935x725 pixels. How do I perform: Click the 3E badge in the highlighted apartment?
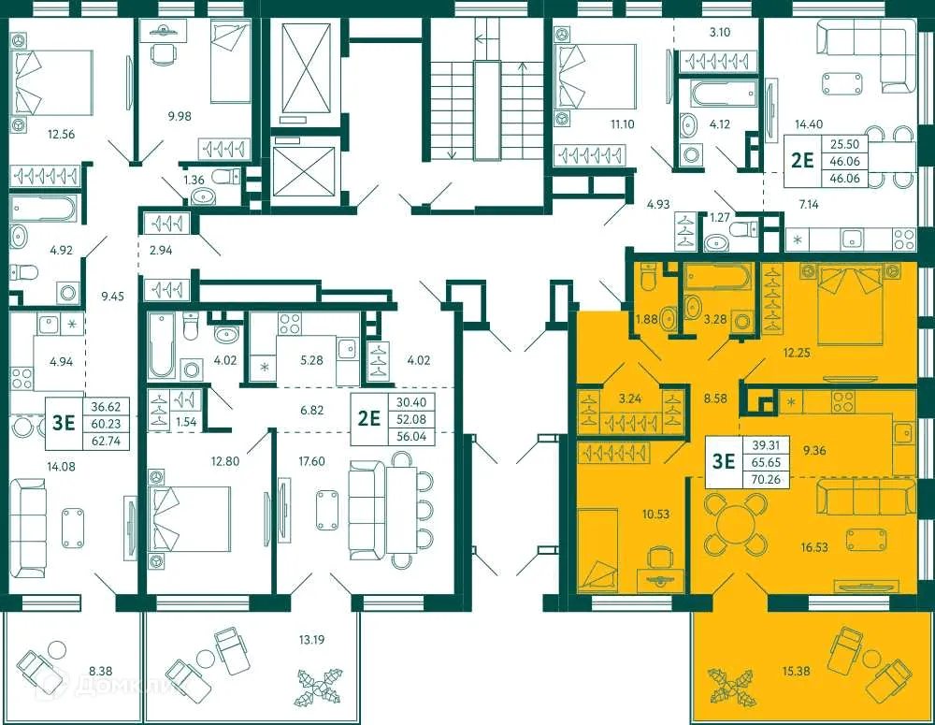[724, 460]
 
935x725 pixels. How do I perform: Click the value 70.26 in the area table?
[764, 477]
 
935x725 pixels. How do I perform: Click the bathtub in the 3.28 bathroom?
[717, 278]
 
